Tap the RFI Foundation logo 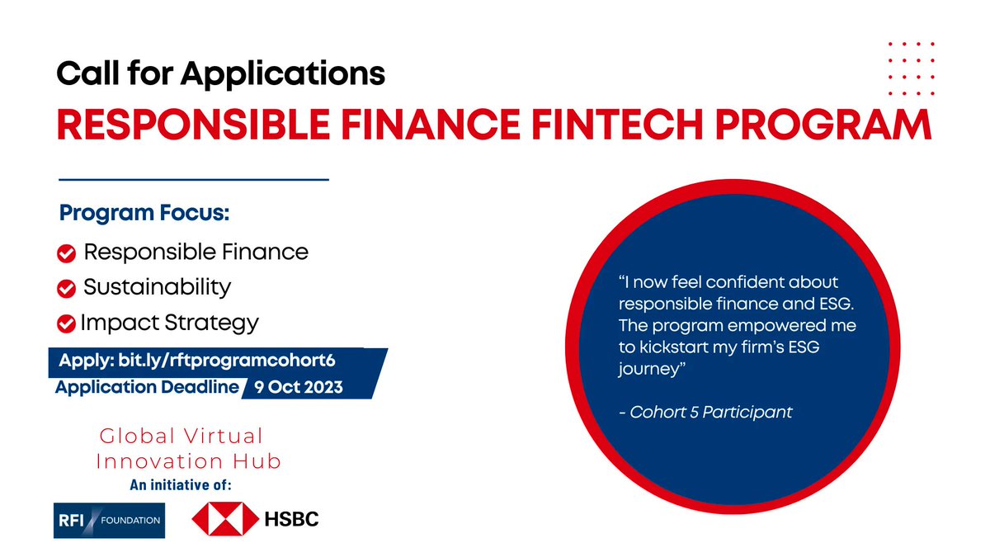(x=109, y=520)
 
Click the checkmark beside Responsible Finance (x=67, y=253)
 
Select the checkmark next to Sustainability (x=67, y=289)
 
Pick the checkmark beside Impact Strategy (x=67, y=323)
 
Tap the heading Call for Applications (x=220, y=75)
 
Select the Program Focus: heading (x=144, y=213)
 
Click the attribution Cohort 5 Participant (x=710, y=412)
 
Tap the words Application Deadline (x=147, y=387)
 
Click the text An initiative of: (x=180, y=485)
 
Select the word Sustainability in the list (x=158, y=287)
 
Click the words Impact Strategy (x=169, y=322)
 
